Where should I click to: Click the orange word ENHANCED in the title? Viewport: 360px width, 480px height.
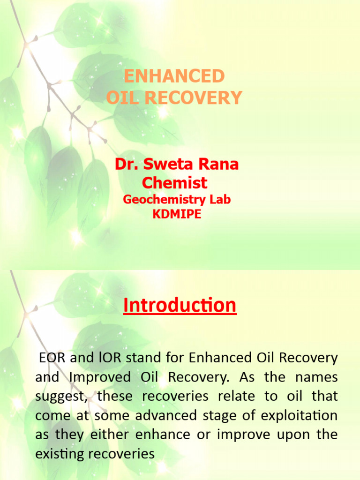pyautogui.click(x=174, y=76)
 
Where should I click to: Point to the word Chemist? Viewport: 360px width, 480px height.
pyautogui.click(x=174, y=182)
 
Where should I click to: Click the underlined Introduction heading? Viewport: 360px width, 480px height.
pyautogui.click(x=180, y=306)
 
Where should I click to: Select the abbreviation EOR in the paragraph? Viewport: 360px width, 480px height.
pyautogui.click(x=51, y=358)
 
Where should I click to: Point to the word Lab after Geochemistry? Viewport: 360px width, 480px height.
pyautogui.click(x=220, y=200)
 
